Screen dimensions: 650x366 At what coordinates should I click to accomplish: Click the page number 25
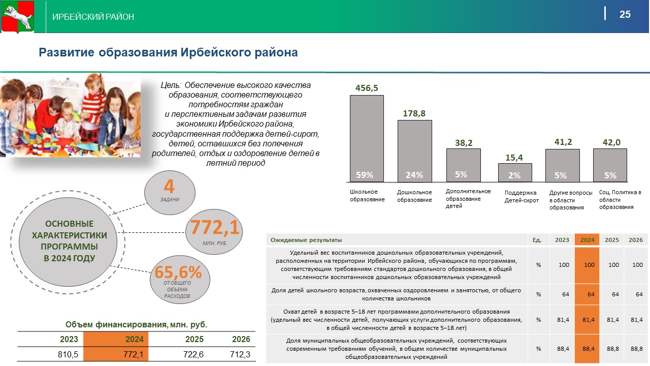click(x=625, y=14)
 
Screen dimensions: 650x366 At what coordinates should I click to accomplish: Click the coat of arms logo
click(x=18, y=17)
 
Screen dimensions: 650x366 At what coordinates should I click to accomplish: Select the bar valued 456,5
click(x=367, y=139)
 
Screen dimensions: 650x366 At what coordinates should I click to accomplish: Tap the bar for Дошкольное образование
click(x=415, y=151)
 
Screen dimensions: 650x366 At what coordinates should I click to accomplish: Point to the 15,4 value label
click(x=514, y=158)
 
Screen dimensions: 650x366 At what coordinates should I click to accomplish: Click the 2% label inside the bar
click(x=514, y=175)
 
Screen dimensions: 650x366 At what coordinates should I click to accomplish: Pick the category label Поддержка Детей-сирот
click(x=522, y=196)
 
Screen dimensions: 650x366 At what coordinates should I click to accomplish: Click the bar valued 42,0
click(x=610, y=165)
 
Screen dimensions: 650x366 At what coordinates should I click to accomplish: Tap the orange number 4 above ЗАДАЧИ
click(x=169, y=186)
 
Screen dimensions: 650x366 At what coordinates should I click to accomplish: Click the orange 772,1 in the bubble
click(x=215, y=227)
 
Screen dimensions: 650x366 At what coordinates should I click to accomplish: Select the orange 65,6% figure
click(x=178, y=272)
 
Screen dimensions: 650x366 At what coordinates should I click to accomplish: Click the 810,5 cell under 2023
click(x=68, y=354)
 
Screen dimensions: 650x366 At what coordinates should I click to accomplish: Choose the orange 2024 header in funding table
click(x=135, y=339)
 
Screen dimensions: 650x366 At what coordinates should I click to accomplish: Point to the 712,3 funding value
click(x=240, y=354)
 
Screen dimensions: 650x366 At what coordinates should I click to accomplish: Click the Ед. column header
click(x=537, y=240)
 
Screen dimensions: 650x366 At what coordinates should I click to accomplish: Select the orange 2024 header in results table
click(x=588, y=240)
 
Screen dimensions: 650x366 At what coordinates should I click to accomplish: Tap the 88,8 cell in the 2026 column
click(x=636, y=349)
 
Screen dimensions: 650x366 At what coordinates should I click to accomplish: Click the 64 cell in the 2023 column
click(x=566, y=294)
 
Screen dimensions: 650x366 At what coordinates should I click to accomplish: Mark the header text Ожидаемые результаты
click(x=306, y=240)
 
